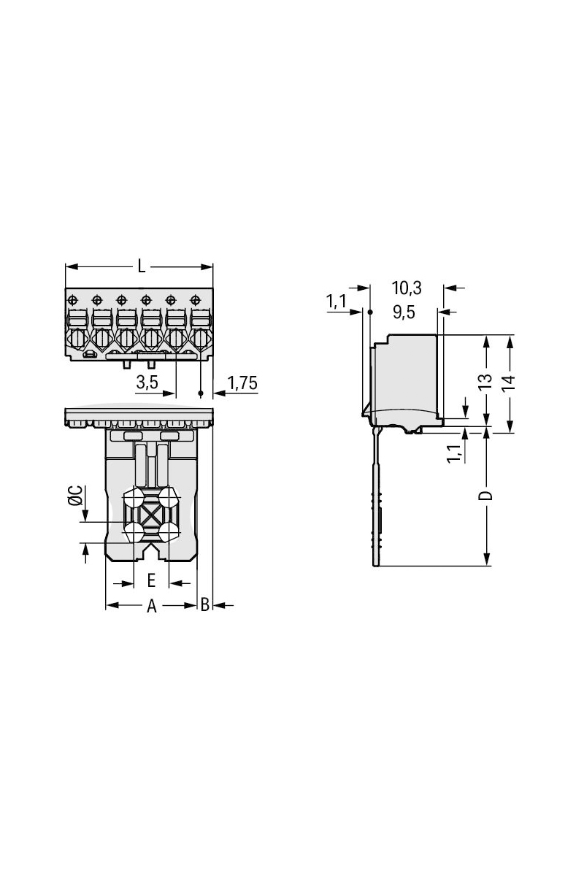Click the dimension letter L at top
coord(142,267)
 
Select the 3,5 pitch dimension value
coord(147,382)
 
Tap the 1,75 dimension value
coord(242,383)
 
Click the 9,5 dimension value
coord(404,313)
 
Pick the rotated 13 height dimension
coord(485,382)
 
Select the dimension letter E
coord(151,580)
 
